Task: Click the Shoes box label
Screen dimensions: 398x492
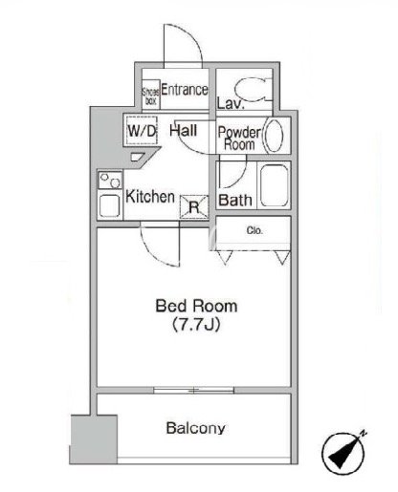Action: pyautogui.click(x=150, y=96)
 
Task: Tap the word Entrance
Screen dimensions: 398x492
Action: pyautogui.click(x=185, y=90)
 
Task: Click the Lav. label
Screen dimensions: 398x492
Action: pyautogui.click(x=231, y=103)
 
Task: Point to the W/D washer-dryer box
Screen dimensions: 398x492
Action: pyautogui.click(x=142, y=131)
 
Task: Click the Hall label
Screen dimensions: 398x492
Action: pyautogui.click(x=183, y=130)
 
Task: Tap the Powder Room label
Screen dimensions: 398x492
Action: pyautogui.click(x=239, y=139)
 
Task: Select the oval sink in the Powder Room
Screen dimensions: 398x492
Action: pyautogui.click(x=274, y=136)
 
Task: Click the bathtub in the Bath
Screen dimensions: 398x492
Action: pyautogui.click(x=274, y=185)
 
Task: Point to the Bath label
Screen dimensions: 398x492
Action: pyautogui.click(x=235, y=201)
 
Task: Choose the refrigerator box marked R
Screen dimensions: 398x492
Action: pyautogui.click(x=194, y=207)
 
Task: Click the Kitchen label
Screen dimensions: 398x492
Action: pyautogui.click(x=150, y=197)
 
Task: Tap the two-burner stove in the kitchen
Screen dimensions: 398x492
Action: pyautogui.click(x=110, y=181)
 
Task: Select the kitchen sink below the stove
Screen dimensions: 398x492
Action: pyautogui.click(x=110, y=205)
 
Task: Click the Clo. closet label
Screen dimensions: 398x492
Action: pyautogui.click(x=254, y=230)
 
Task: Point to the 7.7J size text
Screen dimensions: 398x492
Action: pyautogui.click(x=196, y=325)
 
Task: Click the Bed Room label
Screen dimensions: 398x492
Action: pyautogui.click(x=196, y=306)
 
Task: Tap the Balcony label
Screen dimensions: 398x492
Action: pyautogui.click(x=196, y=428)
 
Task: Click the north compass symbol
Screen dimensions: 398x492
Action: pyautogui.click(x=343, y=453)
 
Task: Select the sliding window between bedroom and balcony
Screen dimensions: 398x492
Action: pyautogui.click(x=194, y=390)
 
